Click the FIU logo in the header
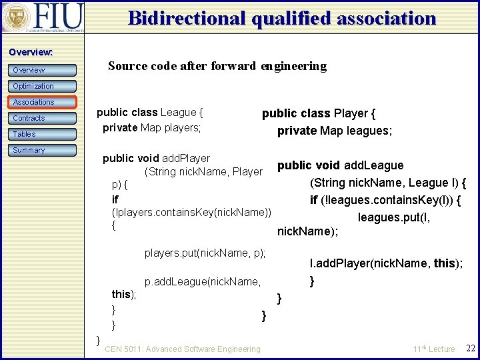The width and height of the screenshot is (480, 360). click(43, 17)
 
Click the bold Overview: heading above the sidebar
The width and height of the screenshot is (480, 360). click(31, 52)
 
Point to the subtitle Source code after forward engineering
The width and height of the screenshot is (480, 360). click(217, 66)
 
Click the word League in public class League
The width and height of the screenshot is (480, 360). click(179, 113)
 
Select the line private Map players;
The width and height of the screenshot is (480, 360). click(152, 127)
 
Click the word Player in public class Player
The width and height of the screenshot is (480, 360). click(351, 114)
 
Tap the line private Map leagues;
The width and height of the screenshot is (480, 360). click(335, 131)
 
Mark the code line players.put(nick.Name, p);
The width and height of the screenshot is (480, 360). click(205, 253)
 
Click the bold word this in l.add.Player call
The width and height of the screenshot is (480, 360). click(444, 263)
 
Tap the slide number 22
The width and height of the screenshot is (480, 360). click(470, 349)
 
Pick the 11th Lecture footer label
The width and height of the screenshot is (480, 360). click(434, 349)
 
